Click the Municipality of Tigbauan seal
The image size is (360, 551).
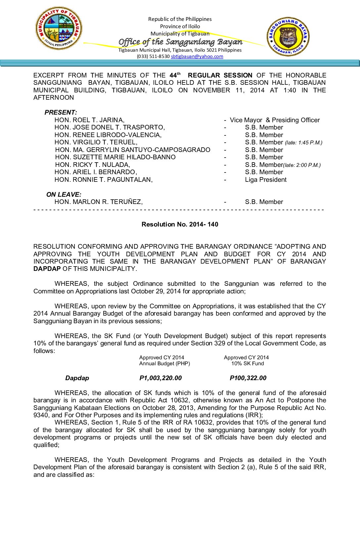[x=59, y=28]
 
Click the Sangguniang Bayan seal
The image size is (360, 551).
[x=288, y=36]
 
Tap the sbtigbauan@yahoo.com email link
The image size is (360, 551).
[x=197, y=56]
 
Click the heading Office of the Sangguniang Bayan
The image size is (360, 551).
[x=180, y=42]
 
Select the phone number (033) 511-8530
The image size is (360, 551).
[x=153, y=56]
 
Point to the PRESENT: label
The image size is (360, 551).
[x=61, y=113]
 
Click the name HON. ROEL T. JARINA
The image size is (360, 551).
[x=89, y=120]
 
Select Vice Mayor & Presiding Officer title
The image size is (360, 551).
[x=275, y=120]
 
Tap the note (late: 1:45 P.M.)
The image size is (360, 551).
[x=303, y=143]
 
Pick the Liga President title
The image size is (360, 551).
[x=266, y=180]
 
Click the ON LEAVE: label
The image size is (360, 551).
[x=64, y=195]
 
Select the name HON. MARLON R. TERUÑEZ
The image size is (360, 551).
[x=99, y=202]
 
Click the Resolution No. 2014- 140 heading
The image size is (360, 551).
[x=180, y=225]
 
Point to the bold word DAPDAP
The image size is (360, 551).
[x=47, y=269]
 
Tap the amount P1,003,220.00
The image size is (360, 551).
[x=160, y=378]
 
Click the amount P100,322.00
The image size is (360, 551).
[x=248, y=378]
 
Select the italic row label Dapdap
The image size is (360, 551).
[x=77, y=378]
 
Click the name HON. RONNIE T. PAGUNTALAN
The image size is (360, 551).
[x=103, y=180]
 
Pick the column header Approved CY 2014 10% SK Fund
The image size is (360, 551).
[x=247, y=361]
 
